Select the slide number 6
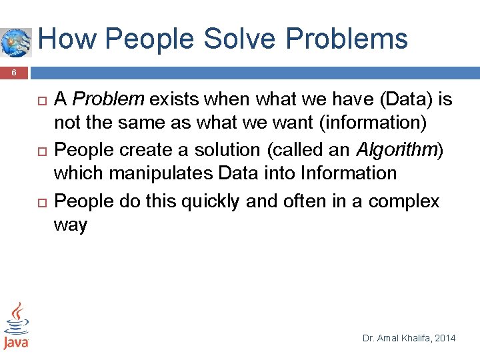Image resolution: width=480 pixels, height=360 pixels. [x=14, y=74]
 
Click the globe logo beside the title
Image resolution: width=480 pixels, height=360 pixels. [x=15, y=42]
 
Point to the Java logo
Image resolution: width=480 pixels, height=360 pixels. [x=15, y=326]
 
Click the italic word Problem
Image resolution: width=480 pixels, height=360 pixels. [x=108, y=100]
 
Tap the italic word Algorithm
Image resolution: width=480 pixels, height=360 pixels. [x=397, y=149]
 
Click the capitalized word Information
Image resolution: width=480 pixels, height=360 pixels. [x=348, y=173]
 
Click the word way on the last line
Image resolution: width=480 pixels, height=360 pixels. [x=71, y=225]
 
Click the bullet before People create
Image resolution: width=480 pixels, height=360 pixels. [x=39, y=151]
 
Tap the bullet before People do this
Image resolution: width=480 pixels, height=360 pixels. [x=39, y=201]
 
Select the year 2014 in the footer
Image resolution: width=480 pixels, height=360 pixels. [x=446, y=338]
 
